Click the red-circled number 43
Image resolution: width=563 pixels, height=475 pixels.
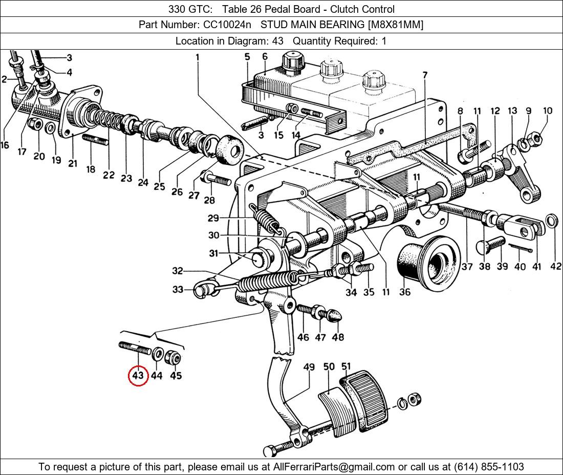click(x=138, y=376)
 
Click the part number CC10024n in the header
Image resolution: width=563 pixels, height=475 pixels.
click(x=223, y=25)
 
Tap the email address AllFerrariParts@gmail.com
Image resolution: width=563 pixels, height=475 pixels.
click(x=334, y=466)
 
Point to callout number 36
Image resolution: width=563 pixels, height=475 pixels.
click(x=405, y=292)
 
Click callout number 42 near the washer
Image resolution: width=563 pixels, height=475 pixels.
click(x=555, y=266)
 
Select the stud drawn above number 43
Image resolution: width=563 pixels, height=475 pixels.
click(x=135, y=350)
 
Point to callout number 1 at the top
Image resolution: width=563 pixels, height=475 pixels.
click(x=197, y=58)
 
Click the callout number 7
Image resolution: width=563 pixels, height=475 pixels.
click(x=424, y=75)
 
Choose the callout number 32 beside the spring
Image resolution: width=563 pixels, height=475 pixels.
click(x=177, y=271)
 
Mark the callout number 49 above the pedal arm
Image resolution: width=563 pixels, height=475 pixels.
click(x=309, y=367)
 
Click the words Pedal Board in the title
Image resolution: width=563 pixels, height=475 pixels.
click(x=271, y=9)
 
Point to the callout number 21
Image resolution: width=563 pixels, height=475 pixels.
click(x=72, y=163)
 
